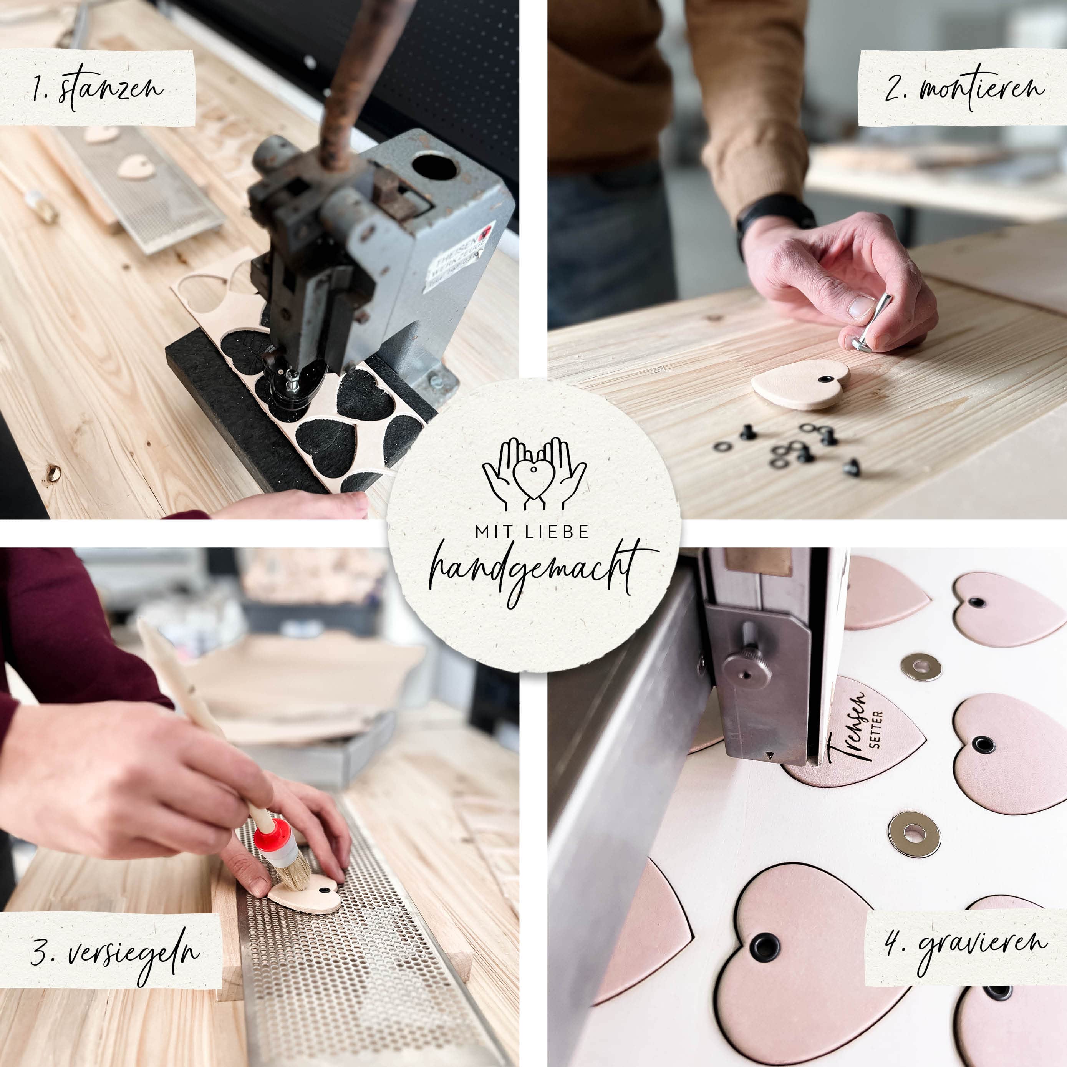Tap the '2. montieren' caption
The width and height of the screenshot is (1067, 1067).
coord(963,88)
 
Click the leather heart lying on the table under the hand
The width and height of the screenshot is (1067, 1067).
coord(801,384)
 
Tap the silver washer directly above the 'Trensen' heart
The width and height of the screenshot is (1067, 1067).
coord(920,667)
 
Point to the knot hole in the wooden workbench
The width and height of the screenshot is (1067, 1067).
coord(53,472)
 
